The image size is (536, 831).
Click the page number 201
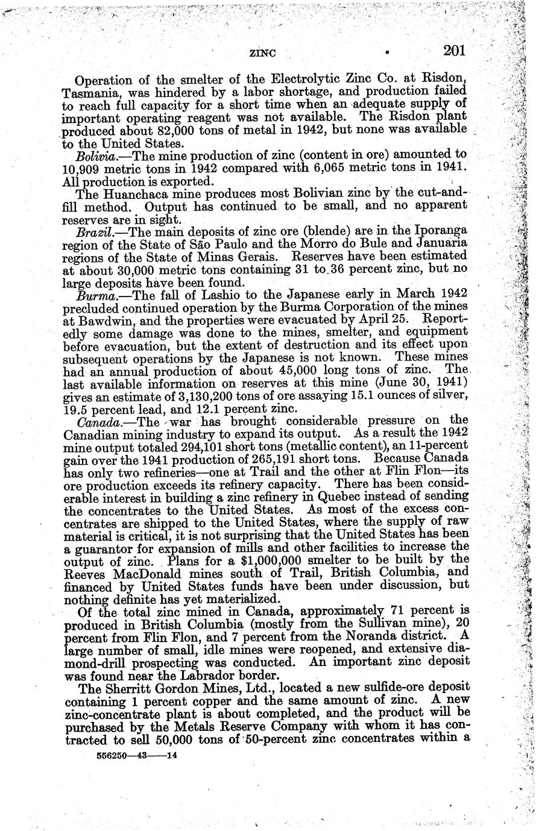coord(453,51)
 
